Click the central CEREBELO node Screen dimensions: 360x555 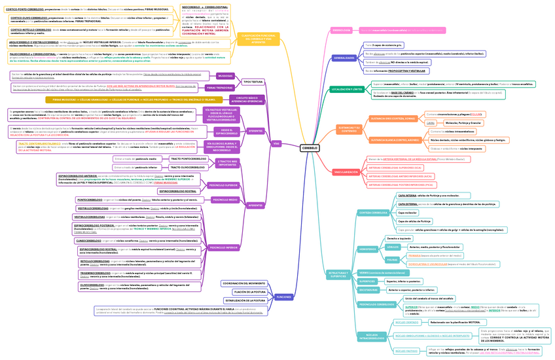pyautogui.click(x=310, y=149)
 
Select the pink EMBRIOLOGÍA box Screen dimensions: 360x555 pyautogui.click(x=342, y=30)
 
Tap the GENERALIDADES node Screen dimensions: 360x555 pyautogui.click(x=344, y=58)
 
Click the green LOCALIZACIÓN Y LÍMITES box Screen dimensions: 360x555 pyautogui.click(x=347, y=90)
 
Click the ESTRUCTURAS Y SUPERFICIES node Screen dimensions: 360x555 pyautogui.click(x=338, y=274)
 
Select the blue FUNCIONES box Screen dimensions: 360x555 pyautogui.click(x=283, y=297)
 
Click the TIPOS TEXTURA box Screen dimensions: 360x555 pyautogui.click(x=253, y=82)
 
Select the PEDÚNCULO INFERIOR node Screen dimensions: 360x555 pyautogui.click(x=224, y=247)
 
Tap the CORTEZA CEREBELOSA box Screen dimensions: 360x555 pyautogui.click(x=374, y=213)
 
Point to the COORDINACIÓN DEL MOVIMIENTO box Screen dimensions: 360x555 pyautogui.click(x=243, y=283)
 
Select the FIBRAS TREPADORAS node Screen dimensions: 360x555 pyautogui.click(x=220, y=87)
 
